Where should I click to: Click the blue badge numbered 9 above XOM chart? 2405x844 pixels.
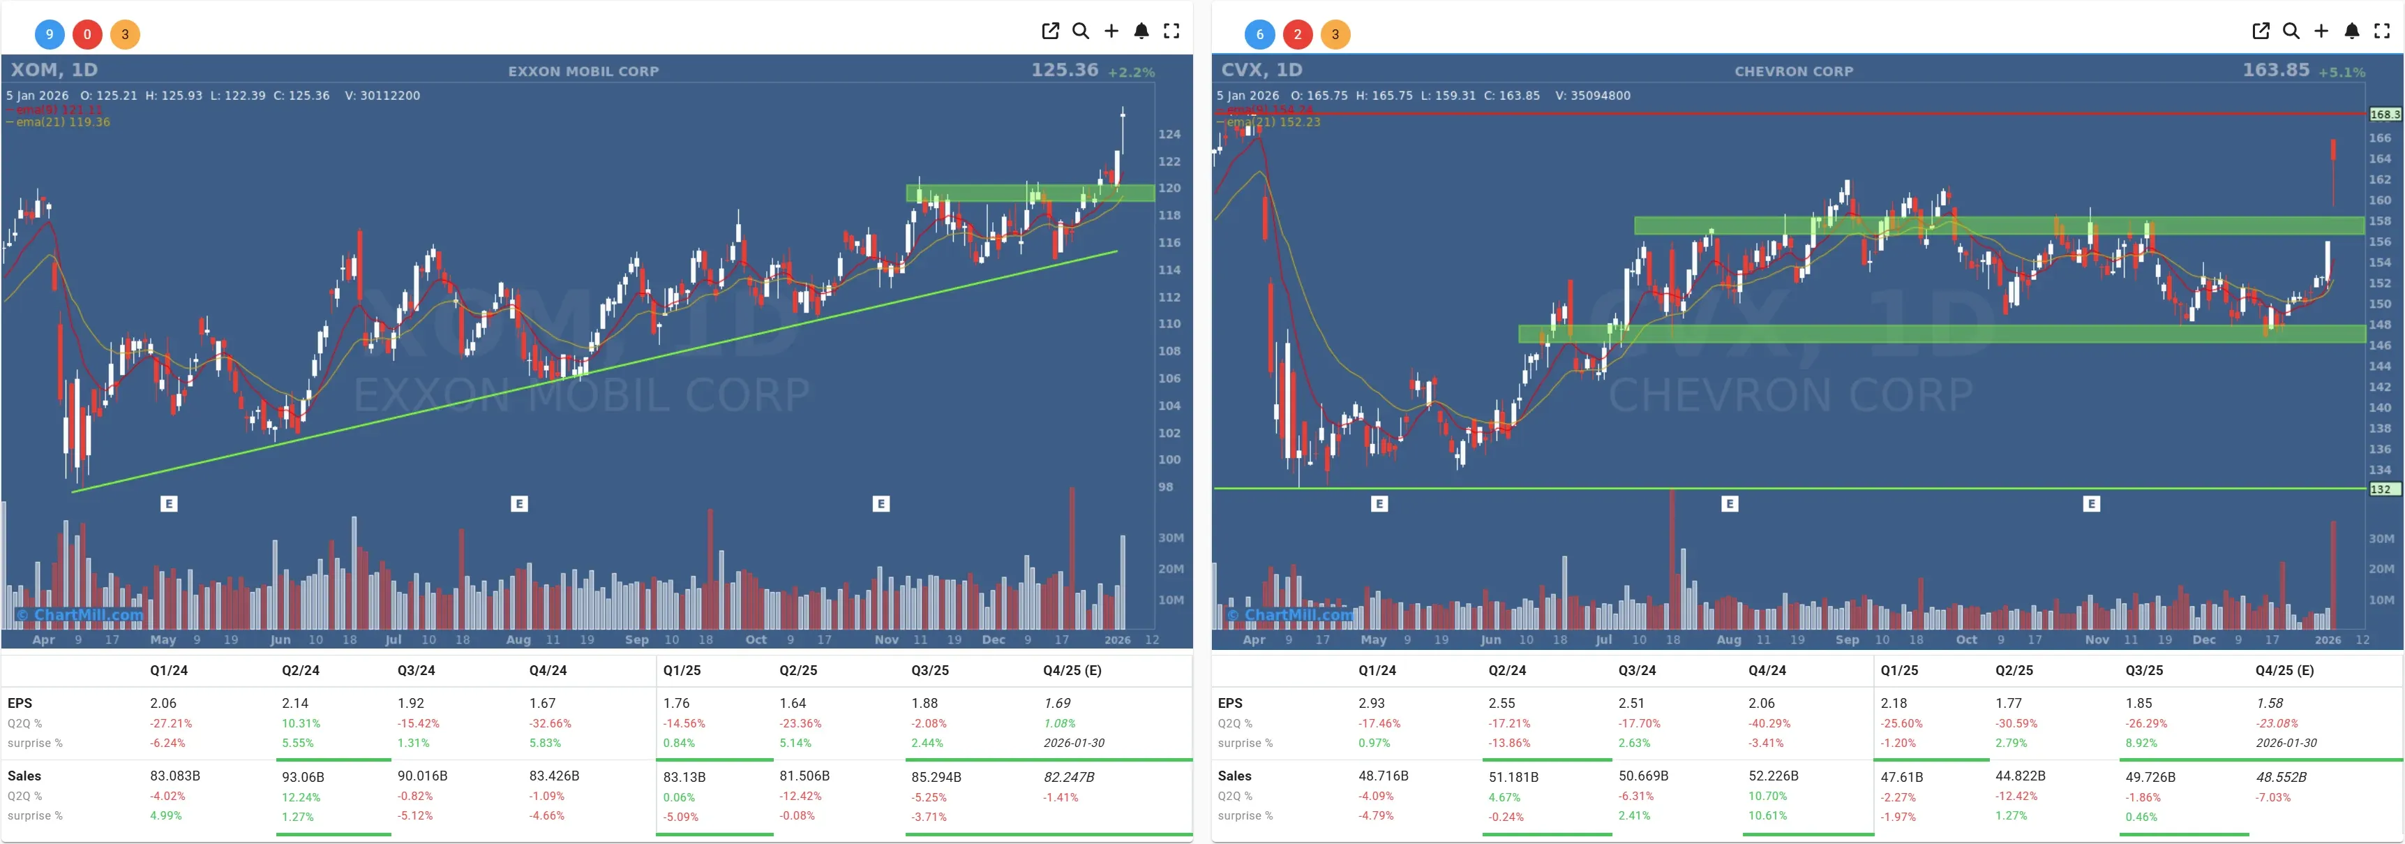(50, 34)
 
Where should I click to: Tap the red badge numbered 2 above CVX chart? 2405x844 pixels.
(1297, 34)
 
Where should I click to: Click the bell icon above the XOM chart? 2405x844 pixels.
(1141, 31)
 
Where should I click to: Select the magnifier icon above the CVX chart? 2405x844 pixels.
(2291, 31)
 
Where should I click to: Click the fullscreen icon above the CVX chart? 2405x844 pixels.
(2382, 31)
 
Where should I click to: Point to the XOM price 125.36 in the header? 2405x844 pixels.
(1064, 70)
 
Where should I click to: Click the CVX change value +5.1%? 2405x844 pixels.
(2342, 72)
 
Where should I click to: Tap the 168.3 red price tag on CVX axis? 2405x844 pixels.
(2385, 114)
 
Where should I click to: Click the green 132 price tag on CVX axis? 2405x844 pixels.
(2382, 489)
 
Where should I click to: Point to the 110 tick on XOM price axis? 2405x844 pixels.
(1169, 324)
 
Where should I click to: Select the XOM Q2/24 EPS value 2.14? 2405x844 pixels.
(294, 703)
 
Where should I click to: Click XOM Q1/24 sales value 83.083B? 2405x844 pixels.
(174, 776)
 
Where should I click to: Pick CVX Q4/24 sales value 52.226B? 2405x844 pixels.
(1774, 776)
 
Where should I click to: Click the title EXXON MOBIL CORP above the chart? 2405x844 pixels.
(583, 71)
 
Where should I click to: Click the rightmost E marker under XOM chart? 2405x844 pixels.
(881, 504)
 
